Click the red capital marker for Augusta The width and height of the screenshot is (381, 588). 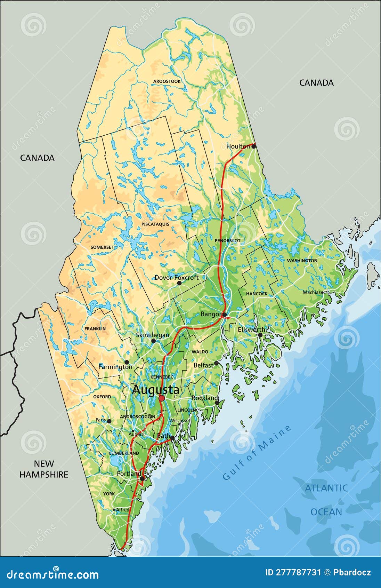tap(162, 398)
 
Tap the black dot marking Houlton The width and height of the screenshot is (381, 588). tap(254, 146)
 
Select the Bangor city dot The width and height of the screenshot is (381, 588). tap(225, 315)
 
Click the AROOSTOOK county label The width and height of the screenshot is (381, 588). tap(167, 81)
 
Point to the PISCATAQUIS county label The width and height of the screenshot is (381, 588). tap(155, 224)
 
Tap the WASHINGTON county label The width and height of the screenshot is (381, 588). tap(302, 261)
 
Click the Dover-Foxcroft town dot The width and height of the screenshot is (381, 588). tap(179, 283)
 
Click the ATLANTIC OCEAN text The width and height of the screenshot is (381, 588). tap(326, 500)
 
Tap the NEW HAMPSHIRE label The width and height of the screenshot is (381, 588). tap(44, 469)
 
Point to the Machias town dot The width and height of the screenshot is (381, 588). tap(323, 293)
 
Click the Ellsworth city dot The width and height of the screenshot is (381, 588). tap(260, 335)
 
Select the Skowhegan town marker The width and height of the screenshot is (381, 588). tap(153, 341)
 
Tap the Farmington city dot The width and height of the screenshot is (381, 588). tap(127, 362)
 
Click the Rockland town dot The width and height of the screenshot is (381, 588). tap(217, 403)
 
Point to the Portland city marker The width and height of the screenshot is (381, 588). tap(142, 479)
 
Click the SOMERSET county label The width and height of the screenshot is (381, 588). tap(102, 247)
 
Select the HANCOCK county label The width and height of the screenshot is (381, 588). tap(257, 294)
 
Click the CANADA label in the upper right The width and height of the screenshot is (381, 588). tap(316, 83)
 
